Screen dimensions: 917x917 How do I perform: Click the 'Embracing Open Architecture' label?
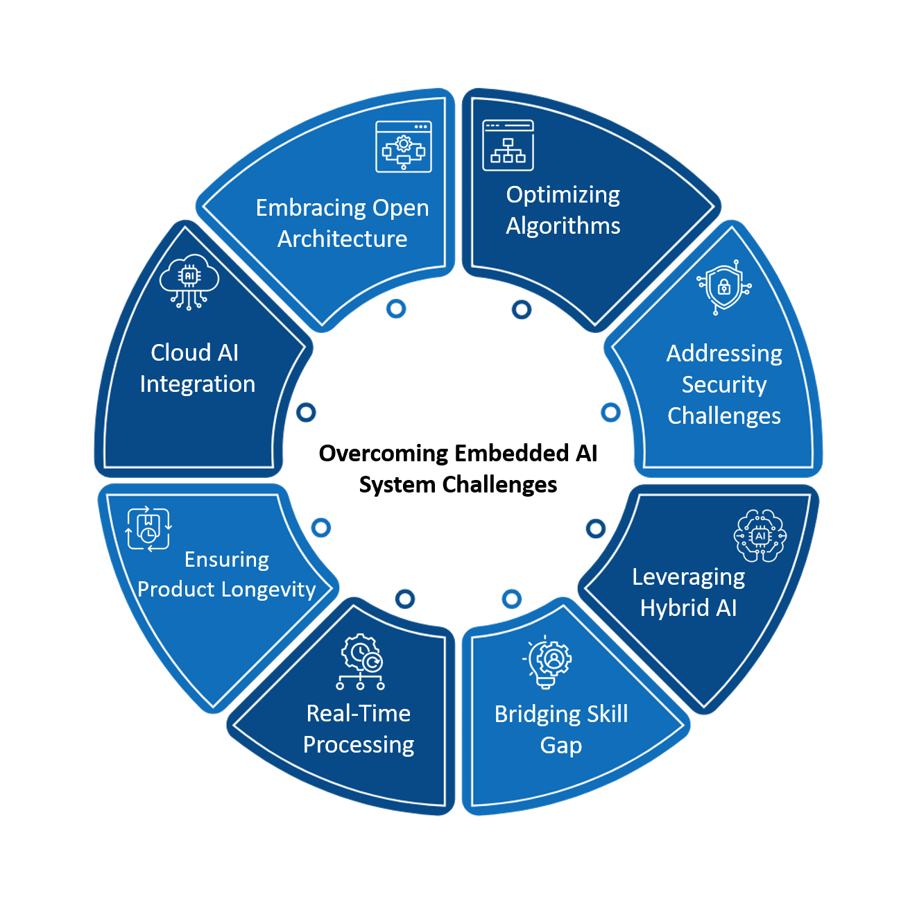click(342, 223)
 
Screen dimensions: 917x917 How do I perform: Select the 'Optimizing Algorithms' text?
click(563, 210)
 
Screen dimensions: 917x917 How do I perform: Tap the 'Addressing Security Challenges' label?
click(724, 384)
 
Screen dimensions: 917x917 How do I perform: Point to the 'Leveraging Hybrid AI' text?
click(688, 592)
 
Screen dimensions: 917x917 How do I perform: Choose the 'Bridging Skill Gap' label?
click(561, 729)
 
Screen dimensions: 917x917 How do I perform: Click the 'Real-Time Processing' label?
click(359, 728)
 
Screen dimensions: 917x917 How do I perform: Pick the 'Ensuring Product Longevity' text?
click(227, 574)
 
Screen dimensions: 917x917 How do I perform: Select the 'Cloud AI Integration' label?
click(197, 368)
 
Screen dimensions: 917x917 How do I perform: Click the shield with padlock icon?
click(724, 287)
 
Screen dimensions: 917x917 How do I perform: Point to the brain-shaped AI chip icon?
click(760, 535)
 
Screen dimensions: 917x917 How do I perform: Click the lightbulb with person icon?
click(548, 662)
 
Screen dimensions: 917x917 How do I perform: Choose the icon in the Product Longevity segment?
click(148, 529)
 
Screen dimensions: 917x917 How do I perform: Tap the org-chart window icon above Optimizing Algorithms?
click(508, 146)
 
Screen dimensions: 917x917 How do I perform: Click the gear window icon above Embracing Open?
click(404, 146)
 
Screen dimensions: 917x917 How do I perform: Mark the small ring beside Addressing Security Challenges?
click(610, 413)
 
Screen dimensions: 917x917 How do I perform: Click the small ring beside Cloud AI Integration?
click(306, 413)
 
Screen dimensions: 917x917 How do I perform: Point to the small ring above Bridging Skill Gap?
click(512, 598)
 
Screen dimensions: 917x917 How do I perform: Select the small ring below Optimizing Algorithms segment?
click(522, 309)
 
